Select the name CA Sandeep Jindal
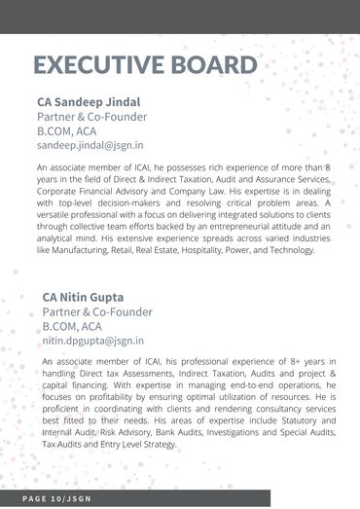89,100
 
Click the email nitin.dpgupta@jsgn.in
92,342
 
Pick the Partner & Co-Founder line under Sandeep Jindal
91,116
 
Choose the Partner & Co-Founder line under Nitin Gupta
97,312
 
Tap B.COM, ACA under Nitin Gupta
73,327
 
